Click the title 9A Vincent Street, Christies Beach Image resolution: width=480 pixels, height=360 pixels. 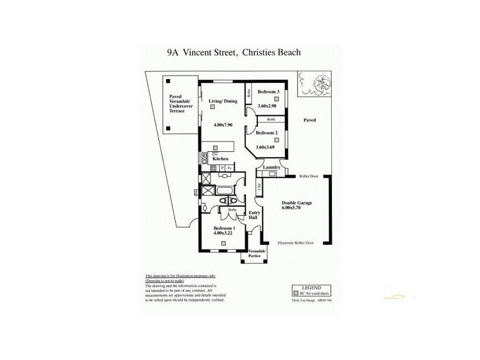point(234,53)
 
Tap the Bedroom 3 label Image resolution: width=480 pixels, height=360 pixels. point(269,92)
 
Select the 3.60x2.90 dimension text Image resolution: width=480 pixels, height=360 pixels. point(266,106)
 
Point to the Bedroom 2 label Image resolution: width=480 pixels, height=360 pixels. point(266,133)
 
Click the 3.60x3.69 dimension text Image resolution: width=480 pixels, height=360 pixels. point(265,147)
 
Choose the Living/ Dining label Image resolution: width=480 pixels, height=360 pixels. point(223,101)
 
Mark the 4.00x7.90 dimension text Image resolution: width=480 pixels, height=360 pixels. point(223,125)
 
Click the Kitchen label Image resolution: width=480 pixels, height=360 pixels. point(221,159)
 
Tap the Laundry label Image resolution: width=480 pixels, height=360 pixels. point(272,167)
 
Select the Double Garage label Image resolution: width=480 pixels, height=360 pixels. point(297,203)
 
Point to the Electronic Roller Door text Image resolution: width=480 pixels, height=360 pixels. point(296,243)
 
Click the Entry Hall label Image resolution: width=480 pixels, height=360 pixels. point(253,215)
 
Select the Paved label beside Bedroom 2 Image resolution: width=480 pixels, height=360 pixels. point(309,121)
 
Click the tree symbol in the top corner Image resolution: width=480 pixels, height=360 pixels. point(320,82)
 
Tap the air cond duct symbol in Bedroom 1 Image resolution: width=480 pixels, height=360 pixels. point(223,243)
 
